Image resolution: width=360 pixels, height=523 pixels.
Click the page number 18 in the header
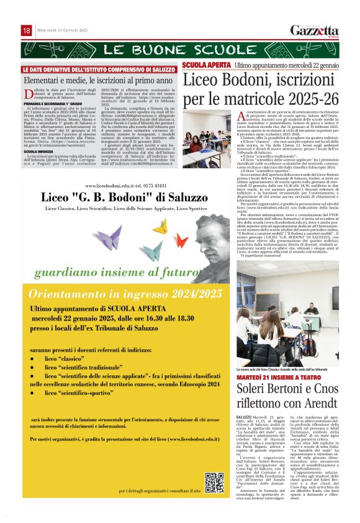point(27,30)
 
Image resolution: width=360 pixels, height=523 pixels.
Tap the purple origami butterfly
point(107,237)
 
